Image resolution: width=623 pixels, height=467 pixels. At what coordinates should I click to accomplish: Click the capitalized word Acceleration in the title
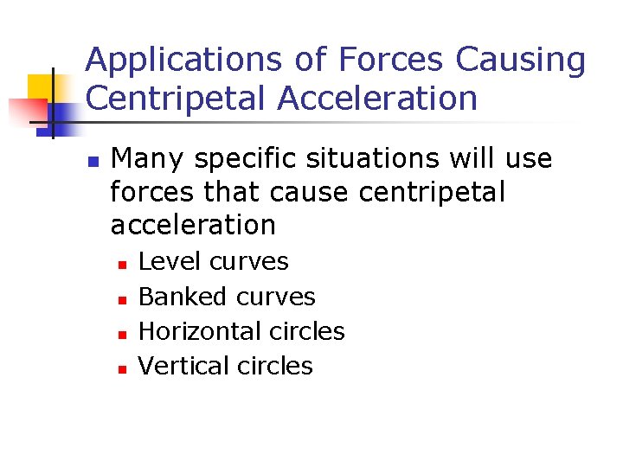(377, 99)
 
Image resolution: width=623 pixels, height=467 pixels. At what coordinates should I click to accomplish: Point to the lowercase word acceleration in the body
(193, 225)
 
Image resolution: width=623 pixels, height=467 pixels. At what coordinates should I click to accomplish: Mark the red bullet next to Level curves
(123, 263)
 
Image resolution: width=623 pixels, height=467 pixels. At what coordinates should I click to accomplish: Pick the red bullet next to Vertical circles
(123, 368)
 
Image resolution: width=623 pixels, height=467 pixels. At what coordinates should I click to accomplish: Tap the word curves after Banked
(276, 297)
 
